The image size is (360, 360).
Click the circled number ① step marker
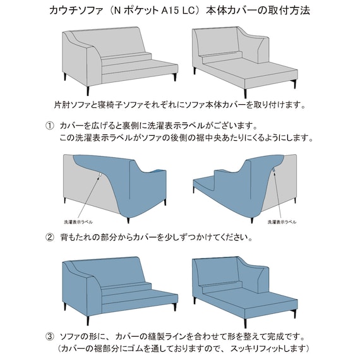tap(50, 126)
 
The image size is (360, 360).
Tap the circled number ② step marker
tap(50, 239)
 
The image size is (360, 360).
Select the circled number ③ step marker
tap(50, 335)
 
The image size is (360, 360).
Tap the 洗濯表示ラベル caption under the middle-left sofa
tap(80, 222)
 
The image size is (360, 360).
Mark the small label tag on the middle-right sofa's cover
tap(273, 171)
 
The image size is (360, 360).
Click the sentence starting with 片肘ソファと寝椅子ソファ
tap(180, 104)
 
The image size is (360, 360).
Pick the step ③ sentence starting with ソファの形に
tap(186, 335)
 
